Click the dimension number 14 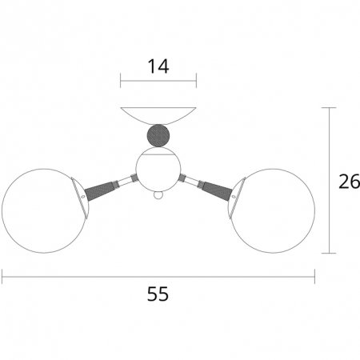(158, 66)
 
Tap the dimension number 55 (158, 294)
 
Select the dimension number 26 (350, 182)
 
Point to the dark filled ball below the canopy (158, 136)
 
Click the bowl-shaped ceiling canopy (158, 116)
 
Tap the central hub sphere (158, 169)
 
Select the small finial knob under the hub (158, 195)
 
